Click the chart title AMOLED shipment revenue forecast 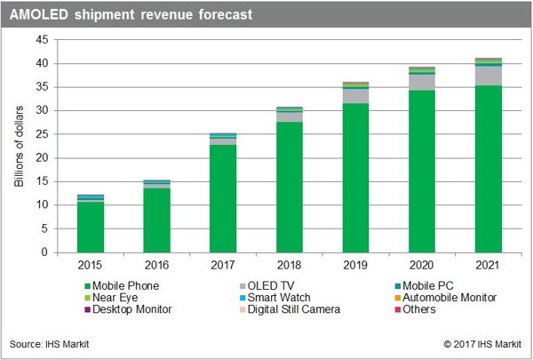pos(131,14)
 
